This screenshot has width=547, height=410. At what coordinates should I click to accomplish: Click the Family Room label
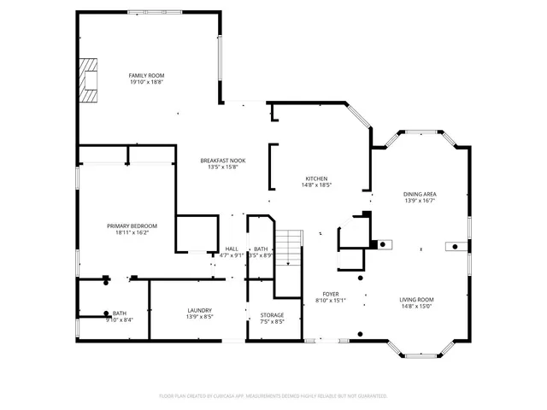tap(146, 75)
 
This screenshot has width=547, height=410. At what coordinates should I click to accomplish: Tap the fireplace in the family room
tap(88, 80)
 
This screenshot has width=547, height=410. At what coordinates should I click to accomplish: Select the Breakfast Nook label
tap(223, 161)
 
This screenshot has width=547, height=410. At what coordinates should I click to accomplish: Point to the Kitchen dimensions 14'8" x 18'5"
tap(316, 184)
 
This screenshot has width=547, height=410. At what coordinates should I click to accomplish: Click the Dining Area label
tap(420, 194)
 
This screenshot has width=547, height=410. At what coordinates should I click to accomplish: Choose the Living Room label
tap(417, 299)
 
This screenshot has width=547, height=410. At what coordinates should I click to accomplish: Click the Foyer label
tap(330, 293)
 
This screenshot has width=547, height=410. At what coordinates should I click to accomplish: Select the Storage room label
tap(272, 315)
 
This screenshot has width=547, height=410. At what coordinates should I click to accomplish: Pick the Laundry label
tap(199, 310)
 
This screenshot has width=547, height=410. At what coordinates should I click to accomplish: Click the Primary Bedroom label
tap(132, 225)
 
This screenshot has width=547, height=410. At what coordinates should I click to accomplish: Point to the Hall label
tap(231, 249)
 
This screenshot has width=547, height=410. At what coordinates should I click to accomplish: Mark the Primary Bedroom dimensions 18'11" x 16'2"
tap(132, 232)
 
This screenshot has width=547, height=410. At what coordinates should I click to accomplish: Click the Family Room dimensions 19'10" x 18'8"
tap(146, 82)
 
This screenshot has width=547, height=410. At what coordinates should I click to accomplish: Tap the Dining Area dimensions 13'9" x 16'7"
tap(420, 201)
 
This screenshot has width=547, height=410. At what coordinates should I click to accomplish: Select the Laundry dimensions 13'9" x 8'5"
tap(199, 317)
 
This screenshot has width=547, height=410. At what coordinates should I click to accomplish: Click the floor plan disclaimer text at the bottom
tap(273, 395)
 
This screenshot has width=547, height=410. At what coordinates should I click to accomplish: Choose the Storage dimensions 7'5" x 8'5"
tap(272, 322)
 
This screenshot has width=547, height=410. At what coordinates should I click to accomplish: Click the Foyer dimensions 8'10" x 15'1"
tap(330, 300)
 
